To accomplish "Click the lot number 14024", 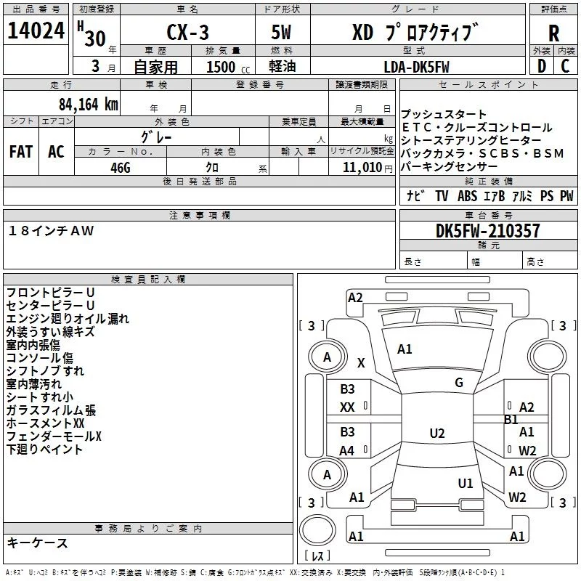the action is tap(36, 30).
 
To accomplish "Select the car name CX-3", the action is tap(187, 32).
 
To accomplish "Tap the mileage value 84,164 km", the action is tap(88, 105).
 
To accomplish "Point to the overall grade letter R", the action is tap(553, 33).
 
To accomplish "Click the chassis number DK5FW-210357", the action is tap(487, 231).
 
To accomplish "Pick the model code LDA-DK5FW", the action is tap(416, 67).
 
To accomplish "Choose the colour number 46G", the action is tap(121, 168).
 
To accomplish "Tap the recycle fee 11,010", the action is tap(362, 168).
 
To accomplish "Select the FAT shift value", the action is tap(21, 152).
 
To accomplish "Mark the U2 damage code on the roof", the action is tap(437, 433).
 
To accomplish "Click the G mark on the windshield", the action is tap(459, 383).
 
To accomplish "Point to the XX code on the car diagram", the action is tap(347, 407).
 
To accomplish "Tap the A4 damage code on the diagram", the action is tap(347, 451).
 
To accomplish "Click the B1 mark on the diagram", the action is tap(511, 420).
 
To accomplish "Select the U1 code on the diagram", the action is tap(466, 484).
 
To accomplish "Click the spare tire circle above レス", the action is tap(317, 530).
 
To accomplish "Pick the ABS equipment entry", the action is tap(467, 195).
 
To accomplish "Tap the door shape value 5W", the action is tap(281, 32).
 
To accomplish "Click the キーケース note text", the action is tap(38, 543).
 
